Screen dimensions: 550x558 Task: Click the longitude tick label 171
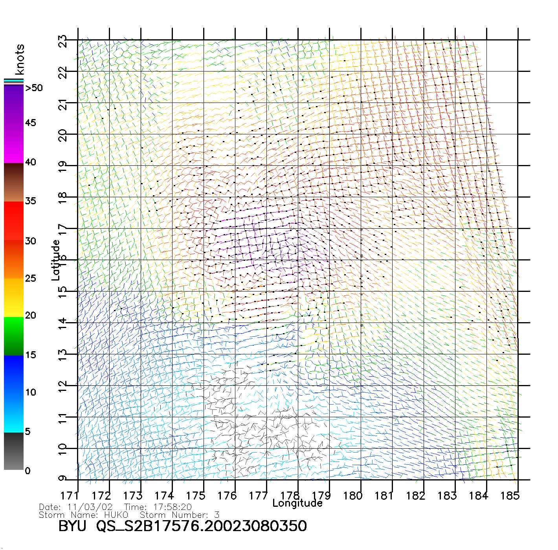pos(70,496)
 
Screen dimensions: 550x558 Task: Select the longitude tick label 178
pos(290,496)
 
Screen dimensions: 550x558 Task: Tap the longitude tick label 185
pos(510,496)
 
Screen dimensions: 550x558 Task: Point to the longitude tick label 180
pos(353,496)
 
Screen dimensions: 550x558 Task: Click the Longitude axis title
pos(297,503)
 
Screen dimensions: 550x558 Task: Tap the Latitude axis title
pos(55,260)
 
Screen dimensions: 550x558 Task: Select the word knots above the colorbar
pos(20,59)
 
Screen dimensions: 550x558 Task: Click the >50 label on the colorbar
pos(34,88)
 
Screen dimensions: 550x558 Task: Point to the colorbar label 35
pos(31,201)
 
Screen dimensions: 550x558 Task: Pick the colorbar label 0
pos(28,471)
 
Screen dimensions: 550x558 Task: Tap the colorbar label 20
pos(31,315)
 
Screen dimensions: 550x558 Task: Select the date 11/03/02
pos(90,507)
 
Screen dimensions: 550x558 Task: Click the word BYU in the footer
pos(72,526)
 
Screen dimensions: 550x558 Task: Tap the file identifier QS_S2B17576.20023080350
pos(202,526)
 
